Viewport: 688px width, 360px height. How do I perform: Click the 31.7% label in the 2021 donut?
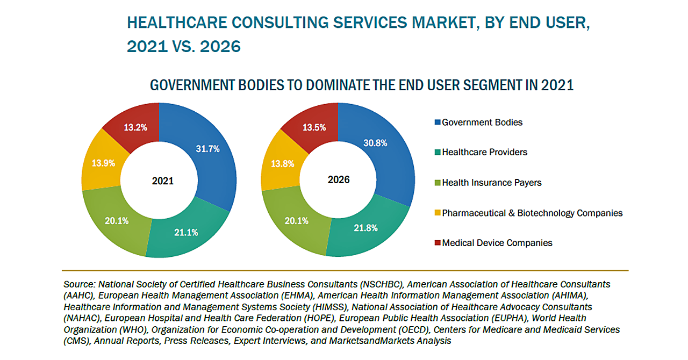click(207, 149)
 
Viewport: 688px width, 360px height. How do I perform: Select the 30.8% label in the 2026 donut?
click(375, 143)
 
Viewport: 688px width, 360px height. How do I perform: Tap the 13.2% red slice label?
click(135, 127)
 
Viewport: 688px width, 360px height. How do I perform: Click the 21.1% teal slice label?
click(187, 232)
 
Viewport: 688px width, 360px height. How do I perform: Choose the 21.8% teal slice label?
click(365, 228)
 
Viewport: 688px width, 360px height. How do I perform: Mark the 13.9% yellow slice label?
click(104, 163)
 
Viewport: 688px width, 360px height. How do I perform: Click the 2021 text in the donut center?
click(163, 181)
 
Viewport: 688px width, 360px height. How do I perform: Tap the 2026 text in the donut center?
click(339, 179)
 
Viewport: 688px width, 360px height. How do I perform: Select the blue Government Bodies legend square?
click(437, 123)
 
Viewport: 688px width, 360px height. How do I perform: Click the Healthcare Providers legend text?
click(484, 152)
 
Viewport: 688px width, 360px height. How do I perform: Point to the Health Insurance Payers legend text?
click(492, 183)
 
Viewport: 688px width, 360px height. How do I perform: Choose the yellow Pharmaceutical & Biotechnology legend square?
click(437, 213)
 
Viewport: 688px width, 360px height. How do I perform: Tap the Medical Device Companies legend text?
click(497, 243)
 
